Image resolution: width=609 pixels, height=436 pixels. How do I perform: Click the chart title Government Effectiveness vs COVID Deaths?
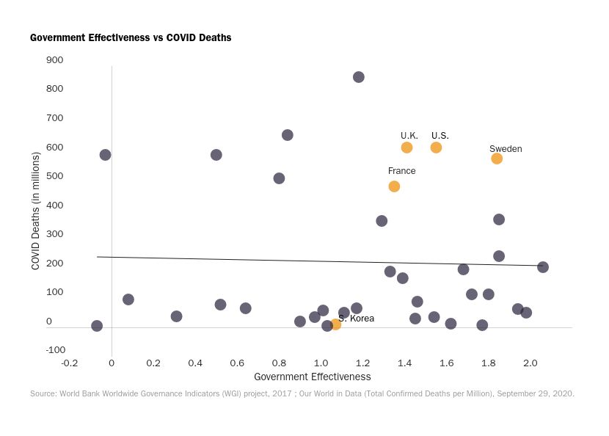pos(131,37)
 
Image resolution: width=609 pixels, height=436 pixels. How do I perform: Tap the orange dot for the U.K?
pos(406,148)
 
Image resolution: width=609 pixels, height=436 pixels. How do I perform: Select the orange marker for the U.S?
pos(436,148)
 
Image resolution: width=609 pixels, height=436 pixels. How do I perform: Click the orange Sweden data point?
pos(497,159)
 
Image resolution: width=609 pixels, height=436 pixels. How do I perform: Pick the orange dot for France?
pos(394,186)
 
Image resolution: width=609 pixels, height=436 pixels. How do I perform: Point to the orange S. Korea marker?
pos(335,324)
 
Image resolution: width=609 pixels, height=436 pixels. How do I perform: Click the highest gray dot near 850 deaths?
pos(359,77)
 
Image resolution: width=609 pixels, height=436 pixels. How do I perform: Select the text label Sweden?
pos(506,149)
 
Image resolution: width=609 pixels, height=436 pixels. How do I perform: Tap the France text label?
pos(401,171)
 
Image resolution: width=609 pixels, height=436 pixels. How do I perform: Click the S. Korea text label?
pos(357,319)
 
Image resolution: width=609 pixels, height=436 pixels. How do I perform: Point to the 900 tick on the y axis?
pos(55,60)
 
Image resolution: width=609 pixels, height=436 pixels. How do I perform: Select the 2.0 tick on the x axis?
pos(530,363)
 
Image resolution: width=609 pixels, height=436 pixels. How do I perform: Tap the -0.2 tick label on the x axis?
pos(70,363)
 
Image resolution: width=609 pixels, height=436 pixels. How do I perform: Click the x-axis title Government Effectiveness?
pos(312,377)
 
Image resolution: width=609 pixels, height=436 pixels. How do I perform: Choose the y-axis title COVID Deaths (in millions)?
pos(35,211)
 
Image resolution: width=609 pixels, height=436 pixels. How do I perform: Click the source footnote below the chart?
pos(302,394)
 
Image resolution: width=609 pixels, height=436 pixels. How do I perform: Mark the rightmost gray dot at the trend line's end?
pos(543,267)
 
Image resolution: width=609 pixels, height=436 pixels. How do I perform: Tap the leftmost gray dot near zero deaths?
pos(97,326)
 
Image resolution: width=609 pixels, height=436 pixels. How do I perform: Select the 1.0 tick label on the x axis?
pos(321,363)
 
